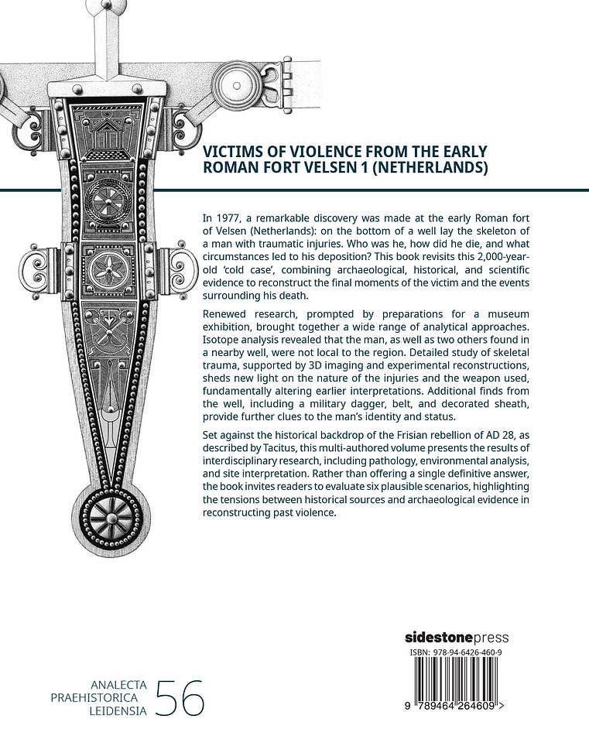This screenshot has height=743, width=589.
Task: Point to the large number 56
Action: (180, 698)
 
